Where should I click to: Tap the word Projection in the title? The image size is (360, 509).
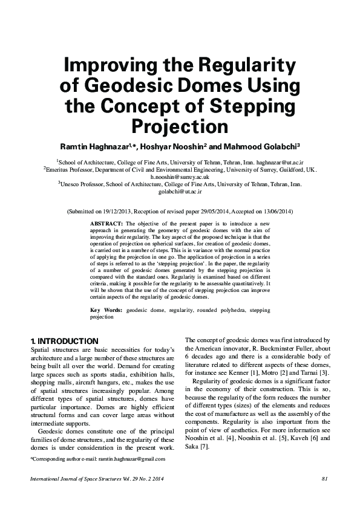pos(180,127)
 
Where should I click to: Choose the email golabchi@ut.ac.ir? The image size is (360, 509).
pos(180,193)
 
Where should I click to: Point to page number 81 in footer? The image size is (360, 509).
pos(324,479)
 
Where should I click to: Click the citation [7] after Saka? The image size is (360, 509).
pos(205,446)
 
